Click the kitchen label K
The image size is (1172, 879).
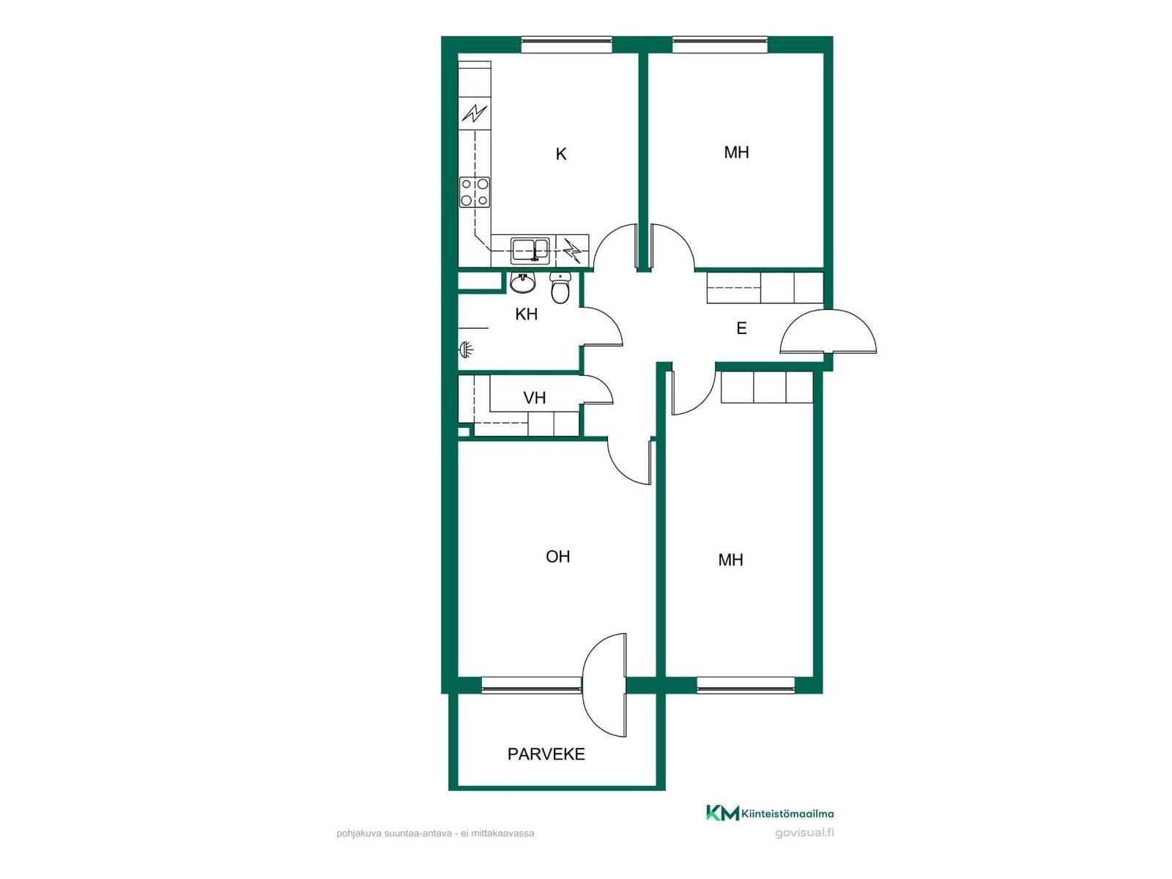click(x=560, y=155)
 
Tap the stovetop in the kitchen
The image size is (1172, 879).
click(x=475, y=192)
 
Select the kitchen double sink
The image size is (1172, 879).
click(x=530, y=251)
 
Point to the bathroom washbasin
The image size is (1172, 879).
click(x=522, y=283)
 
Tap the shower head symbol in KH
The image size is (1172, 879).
click(x=466, y=350)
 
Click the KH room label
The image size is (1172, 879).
click(x=526, y=314)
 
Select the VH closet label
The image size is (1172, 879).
click(x=535, y=398)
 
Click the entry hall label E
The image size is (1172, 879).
click(x=741, y=328)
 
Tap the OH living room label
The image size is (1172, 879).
click(x=557, y=557)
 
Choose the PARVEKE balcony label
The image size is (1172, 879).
click(x=546, y=754)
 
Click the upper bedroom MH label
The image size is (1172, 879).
click(x=736, y=152)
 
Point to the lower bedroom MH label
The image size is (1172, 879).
click(x=730, y=560)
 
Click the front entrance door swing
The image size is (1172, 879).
click(x=828, y=331)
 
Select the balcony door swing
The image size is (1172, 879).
click(x=604, y=686)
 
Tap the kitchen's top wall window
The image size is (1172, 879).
click(x=566, y=45)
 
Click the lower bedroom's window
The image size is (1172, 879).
click(x=746, y=685)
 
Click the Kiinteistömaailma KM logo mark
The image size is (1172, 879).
click(x=723, y=813)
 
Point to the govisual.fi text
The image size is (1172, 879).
click(x=804, y=833)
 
